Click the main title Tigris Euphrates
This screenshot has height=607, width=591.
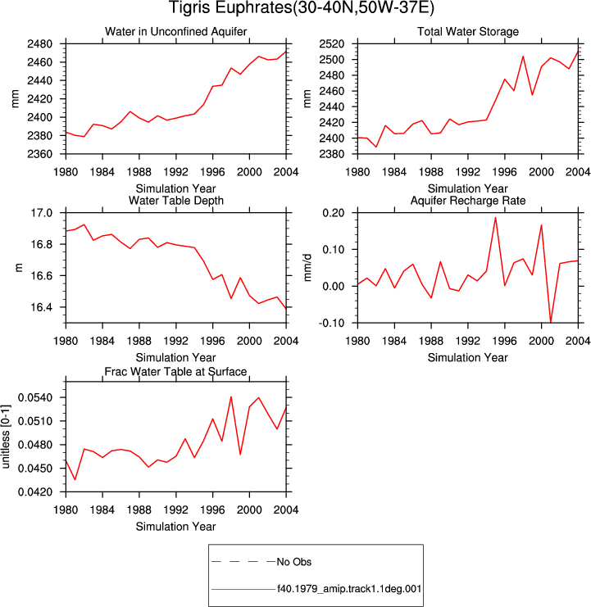pyautogui.click(x=302, y=7)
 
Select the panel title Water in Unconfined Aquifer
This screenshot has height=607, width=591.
pyautogui.click(x=176, y=31)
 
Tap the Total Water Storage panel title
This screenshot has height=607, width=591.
pyautogui.click(x=468, y=31)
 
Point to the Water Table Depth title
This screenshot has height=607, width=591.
pyautogui.click(x=176, y=201)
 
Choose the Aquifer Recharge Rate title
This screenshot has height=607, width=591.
pyautogui.click(x=468, y=201)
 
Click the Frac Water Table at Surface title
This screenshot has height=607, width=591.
pyautogui.click(x=176, y=372)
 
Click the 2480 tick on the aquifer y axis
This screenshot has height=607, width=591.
pyautogui.click(x=39, y=44)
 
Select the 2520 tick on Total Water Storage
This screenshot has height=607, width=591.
pyautogui.click(x=331, y=44)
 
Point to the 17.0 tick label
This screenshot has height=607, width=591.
pyautogui.click(x=42, y=213)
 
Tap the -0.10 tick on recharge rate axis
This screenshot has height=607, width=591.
pyautogui.click(x=331, y=323)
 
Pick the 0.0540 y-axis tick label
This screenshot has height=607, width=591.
pyautogui.click(x=35, y=397)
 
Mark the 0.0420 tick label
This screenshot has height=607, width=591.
pyautogui.click(x=35, y=492)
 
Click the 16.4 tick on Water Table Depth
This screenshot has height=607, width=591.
pyautogui.click(x=42, y=307)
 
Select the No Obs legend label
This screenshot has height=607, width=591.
pyautogui.click(x=294, y=562)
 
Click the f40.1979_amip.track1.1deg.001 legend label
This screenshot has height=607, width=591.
pyautogui.click(x=349, y=589)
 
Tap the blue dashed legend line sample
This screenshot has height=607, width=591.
pyautogui.click(x=243, y=562)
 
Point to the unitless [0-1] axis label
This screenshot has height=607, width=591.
pyautogui.click(x=6, y=437)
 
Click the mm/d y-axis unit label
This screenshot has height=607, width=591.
pyautogui.click(x=307, y=268)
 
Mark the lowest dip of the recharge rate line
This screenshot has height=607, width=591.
pyautogui.click(x=551, y=322)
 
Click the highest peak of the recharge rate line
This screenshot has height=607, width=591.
pyautogui.click(x=495, y=218)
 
